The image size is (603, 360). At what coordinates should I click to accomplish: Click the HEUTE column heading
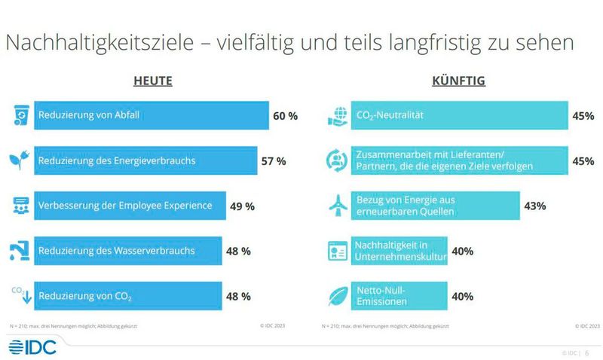[x=153, y=81]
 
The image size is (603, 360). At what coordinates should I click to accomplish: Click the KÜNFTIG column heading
[x=458, y=81]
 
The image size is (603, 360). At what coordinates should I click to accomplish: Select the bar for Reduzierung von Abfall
[x=151, y=116]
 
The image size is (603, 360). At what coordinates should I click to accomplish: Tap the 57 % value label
[x=273, y=161]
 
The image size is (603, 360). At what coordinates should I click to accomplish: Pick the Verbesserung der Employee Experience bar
[x=130, y=206]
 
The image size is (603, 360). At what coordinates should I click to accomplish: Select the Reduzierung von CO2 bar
[x=127, y=296]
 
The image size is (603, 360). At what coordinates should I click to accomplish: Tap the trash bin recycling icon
[x=19, y=115]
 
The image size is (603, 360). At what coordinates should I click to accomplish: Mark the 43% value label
[x=535, y=206]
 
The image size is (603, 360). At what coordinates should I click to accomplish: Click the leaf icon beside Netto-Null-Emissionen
[x=335, y=296]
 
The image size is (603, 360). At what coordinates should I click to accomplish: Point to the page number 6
[x=587, y=352]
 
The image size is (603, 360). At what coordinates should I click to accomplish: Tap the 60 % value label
[x=285, y=116]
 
